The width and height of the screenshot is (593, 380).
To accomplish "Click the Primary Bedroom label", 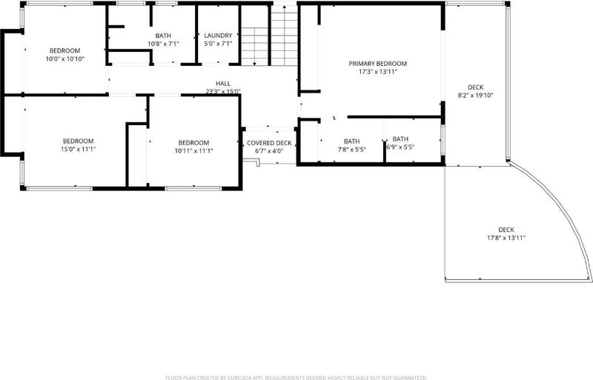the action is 377,64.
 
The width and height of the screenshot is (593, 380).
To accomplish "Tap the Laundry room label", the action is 218,36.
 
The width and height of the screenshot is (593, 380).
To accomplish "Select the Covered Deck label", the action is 269,143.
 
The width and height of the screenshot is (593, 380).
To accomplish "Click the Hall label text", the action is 223,84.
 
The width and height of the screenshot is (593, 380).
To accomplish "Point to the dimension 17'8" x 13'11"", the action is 506,238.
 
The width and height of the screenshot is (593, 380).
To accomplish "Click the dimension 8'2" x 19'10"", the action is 475,96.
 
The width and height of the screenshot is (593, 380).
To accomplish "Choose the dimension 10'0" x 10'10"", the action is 64,59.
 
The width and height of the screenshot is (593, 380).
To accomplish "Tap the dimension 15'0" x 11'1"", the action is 79,149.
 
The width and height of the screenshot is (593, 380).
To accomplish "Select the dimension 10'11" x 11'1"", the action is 193,151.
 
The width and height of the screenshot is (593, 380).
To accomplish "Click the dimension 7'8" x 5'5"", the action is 351,150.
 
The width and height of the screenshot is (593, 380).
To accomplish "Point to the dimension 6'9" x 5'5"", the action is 400,147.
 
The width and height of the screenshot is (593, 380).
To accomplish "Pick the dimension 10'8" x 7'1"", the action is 163,44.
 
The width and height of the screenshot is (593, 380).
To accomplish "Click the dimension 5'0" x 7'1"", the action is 218,44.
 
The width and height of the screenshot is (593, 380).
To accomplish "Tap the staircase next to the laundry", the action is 269,36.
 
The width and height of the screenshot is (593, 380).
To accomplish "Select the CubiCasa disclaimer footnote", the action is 296,377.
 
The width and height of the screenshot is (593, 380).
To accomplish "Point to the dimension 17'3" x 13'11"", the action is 378,72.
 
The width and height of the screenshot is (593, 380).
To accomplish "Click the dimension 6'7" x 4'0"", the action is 269,151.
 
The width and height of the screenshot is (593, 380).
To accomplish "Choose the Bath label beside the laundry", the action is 163,36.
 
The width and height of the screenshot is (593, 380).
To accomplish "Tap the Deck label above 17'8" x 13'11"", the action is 506,230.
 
